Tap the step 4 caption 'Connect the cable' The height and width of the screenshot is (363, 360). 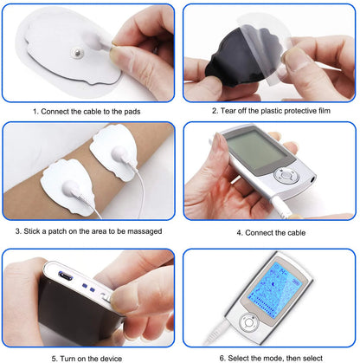click(x=270, y=231)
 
